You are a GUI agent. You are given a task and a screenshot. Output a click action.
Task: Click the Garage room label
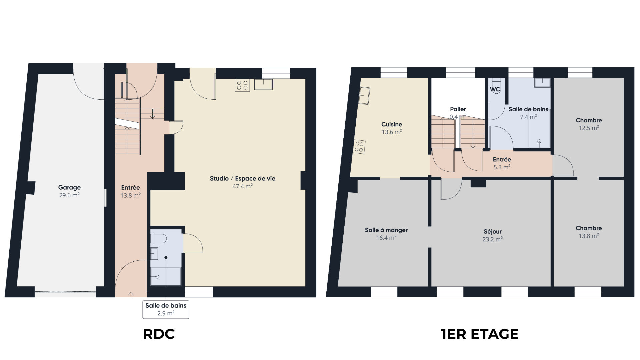[x=69, y=188]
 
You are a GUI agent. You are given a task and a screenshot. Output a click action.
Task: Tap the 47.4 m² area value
[x=243, y=186]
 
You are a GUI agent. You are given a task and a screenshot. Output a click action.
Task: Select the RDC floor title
[x=159, y=334]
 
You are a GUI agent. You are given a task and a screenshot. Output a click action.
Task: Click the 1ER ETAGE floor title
[x=480, y=334]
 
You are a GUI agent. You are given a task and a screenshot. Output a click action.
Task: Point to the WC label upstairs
[x=495, y=89]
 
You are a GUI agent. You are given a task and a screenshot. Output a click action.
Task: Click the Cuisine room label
[x=392, y=124]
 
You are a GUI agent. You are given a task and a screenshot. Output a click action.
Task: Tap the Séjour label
[x=493, y=232]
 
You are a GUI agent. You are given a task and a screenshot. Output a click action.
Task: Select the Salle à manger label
[x=386, y=230]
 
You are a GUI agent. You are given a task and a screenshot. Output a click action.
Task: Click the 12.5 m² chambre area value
[x=589, y=128]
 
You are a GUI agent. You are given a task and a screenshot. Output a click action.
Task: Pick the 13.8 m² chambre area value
[x=589, y=236]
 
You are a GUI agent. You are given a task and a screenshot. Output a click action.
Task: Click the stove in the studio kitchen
[x=242, y=85]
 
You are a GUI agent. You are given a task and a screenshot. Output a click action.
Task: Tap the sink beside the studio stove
[x=263, y=84]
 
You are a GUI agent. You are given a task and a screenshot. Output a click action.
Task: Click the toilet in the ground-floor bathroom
[x=158, y=239]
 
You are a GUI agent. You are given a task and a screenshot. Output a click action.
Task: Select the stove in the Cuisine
[x=359, y=147]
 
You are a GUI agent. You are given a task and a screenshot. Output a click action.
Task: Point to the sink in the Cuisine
[x=364, y=96]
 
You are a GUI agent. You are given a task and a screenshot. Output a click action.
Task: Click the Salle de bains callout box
[x=166, y=309]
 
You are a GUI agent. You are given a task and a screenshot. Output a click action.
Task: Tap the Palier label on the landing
[x=458, y=109]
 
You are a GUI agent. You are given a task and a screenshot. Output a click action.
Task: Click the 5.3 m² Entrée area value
[x=502, y=167]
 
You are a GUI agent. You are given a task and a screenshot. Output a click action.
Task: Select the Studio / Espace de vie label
[x=243, y=179]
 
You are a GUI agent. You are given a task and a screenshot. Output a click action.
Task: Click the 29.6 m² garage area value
[x=69, y=196]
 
